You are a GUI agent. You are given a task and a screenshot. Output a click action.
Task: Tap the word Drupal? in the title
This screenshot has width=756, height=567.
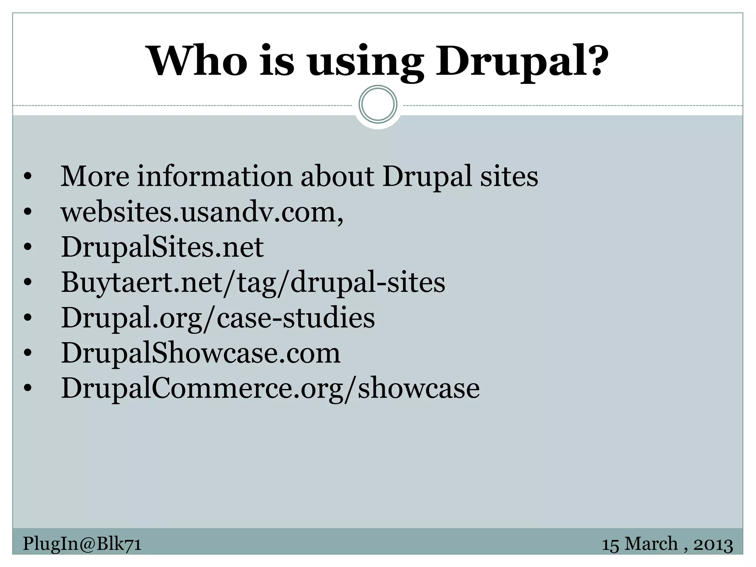pyautogui.click(x=522, y=61)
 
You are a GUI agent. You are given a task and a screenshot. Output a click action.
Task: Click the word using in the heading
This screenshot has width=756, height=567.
pyautogui.click(x=366, y=63)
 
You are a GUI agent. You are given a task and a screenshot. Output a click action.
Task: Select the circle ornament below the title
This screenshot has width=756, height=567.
pyautogui.click(x=378, y=104)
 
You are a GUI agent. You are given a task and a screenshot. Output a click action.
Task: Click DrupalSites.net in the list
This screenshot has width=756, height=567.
pyautogui.click(x=162, y=247)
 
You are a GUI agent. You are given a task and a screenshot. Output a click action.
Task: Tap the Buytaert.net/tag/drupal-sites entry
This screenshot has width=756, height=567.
pyautogui.click(x=253, y=283)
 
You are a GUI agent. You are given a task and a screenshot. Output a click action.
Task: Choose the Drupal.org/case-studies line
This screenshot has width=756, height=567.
pyautogui.click(x=218, y=318)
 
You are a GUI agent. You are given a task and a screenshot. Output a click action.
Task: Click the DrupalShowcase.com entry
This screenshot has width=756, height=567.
pyautogui.click(x=200, y=353)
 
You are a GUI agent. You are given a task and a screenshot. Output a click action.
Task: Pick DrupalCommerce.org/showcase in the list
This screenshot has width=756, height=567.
pyautogui.click(x=270, y=388)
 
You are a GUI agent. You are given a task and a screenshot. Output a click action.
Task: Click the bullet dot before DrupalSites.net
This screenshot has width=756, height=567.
pyautogui.click(x=28, y=247)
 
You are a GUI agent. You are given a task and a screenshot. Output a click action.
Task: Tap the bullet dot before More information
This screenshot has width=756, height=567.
pyautogui.click(x=28, y=177)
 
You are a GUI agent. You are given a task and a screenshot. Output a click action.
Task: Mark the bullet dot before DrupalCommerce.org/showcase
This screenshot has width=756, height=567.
pyautogui.click(x=28, y=389)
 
